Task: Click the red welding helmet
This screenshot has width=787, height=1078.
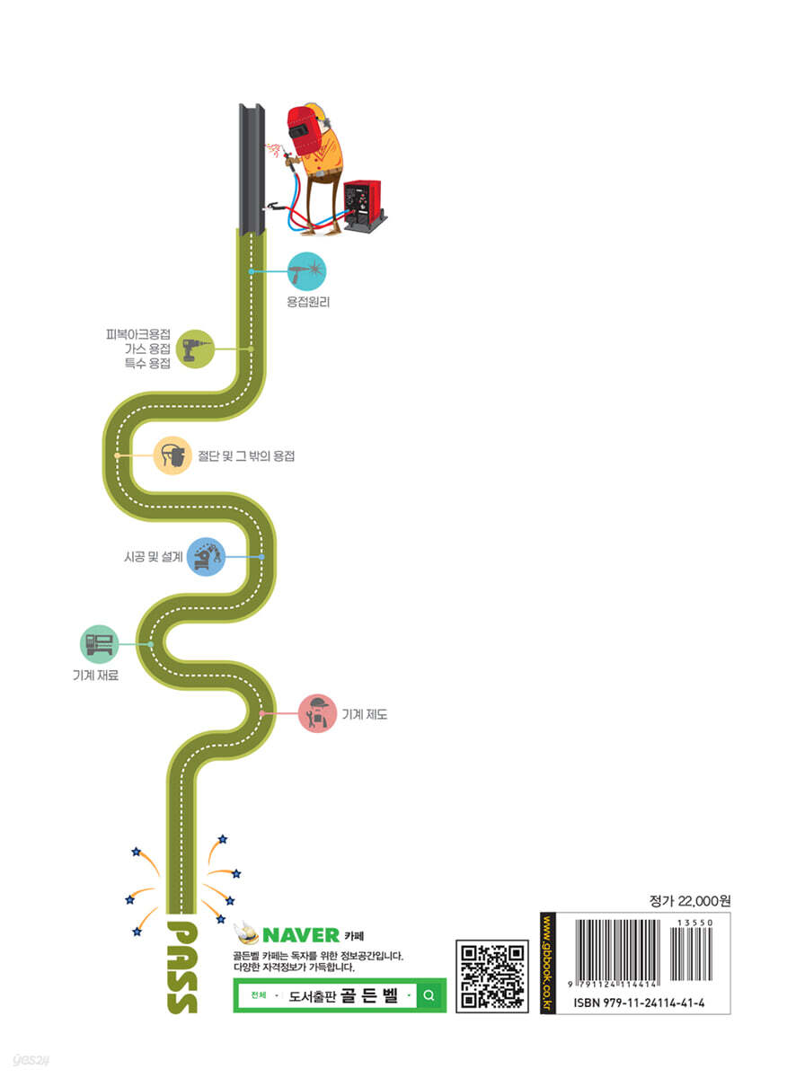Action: [304, 130]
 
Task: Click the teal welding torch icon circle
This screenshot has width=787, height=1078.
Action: [306, 271]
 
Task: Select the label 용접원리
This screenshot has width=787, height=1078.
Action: [308, 302]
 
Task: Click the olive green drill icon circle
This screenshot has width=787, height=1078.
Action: [195, 349]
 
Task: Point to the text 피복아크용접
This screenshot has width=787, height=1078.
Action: [138, 334]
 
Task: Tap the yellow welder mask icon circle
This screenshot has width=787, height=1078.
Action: [172, 455]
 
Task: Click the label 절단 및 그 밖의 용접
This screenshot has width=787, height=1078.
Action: [246, 455]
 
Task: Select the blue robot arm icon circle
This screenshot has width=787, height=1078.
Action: [206, 557]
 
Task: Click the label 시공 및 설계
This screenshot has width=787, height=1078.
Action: [154, 557]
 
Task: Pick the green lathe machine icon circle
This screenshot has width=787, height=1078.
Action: [99, 644]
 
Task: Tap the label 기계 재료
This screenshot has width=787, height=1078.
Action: [96, 676]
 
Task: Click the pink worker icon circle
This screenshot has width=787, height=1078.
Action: [317, 713]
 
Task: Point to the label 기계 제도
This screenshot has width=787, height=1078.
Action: [365, 714]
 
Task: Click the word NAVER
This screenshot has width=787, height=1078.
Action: [301, 935]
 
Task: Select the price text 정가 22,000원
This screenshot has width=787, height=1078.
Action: [690, 901]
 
